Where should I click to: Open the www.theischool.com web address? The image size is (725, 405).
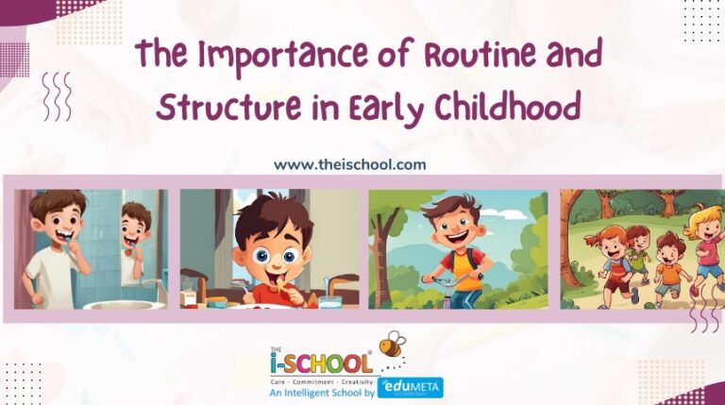pyautogui.click(x=349, y=164)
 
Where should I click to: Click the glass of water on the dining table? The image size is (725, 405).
pyautogui.click(x=329, y=301)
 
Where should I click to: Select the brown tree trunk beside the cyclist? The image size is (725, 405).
pyautogui.click(x=387, y=269)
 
